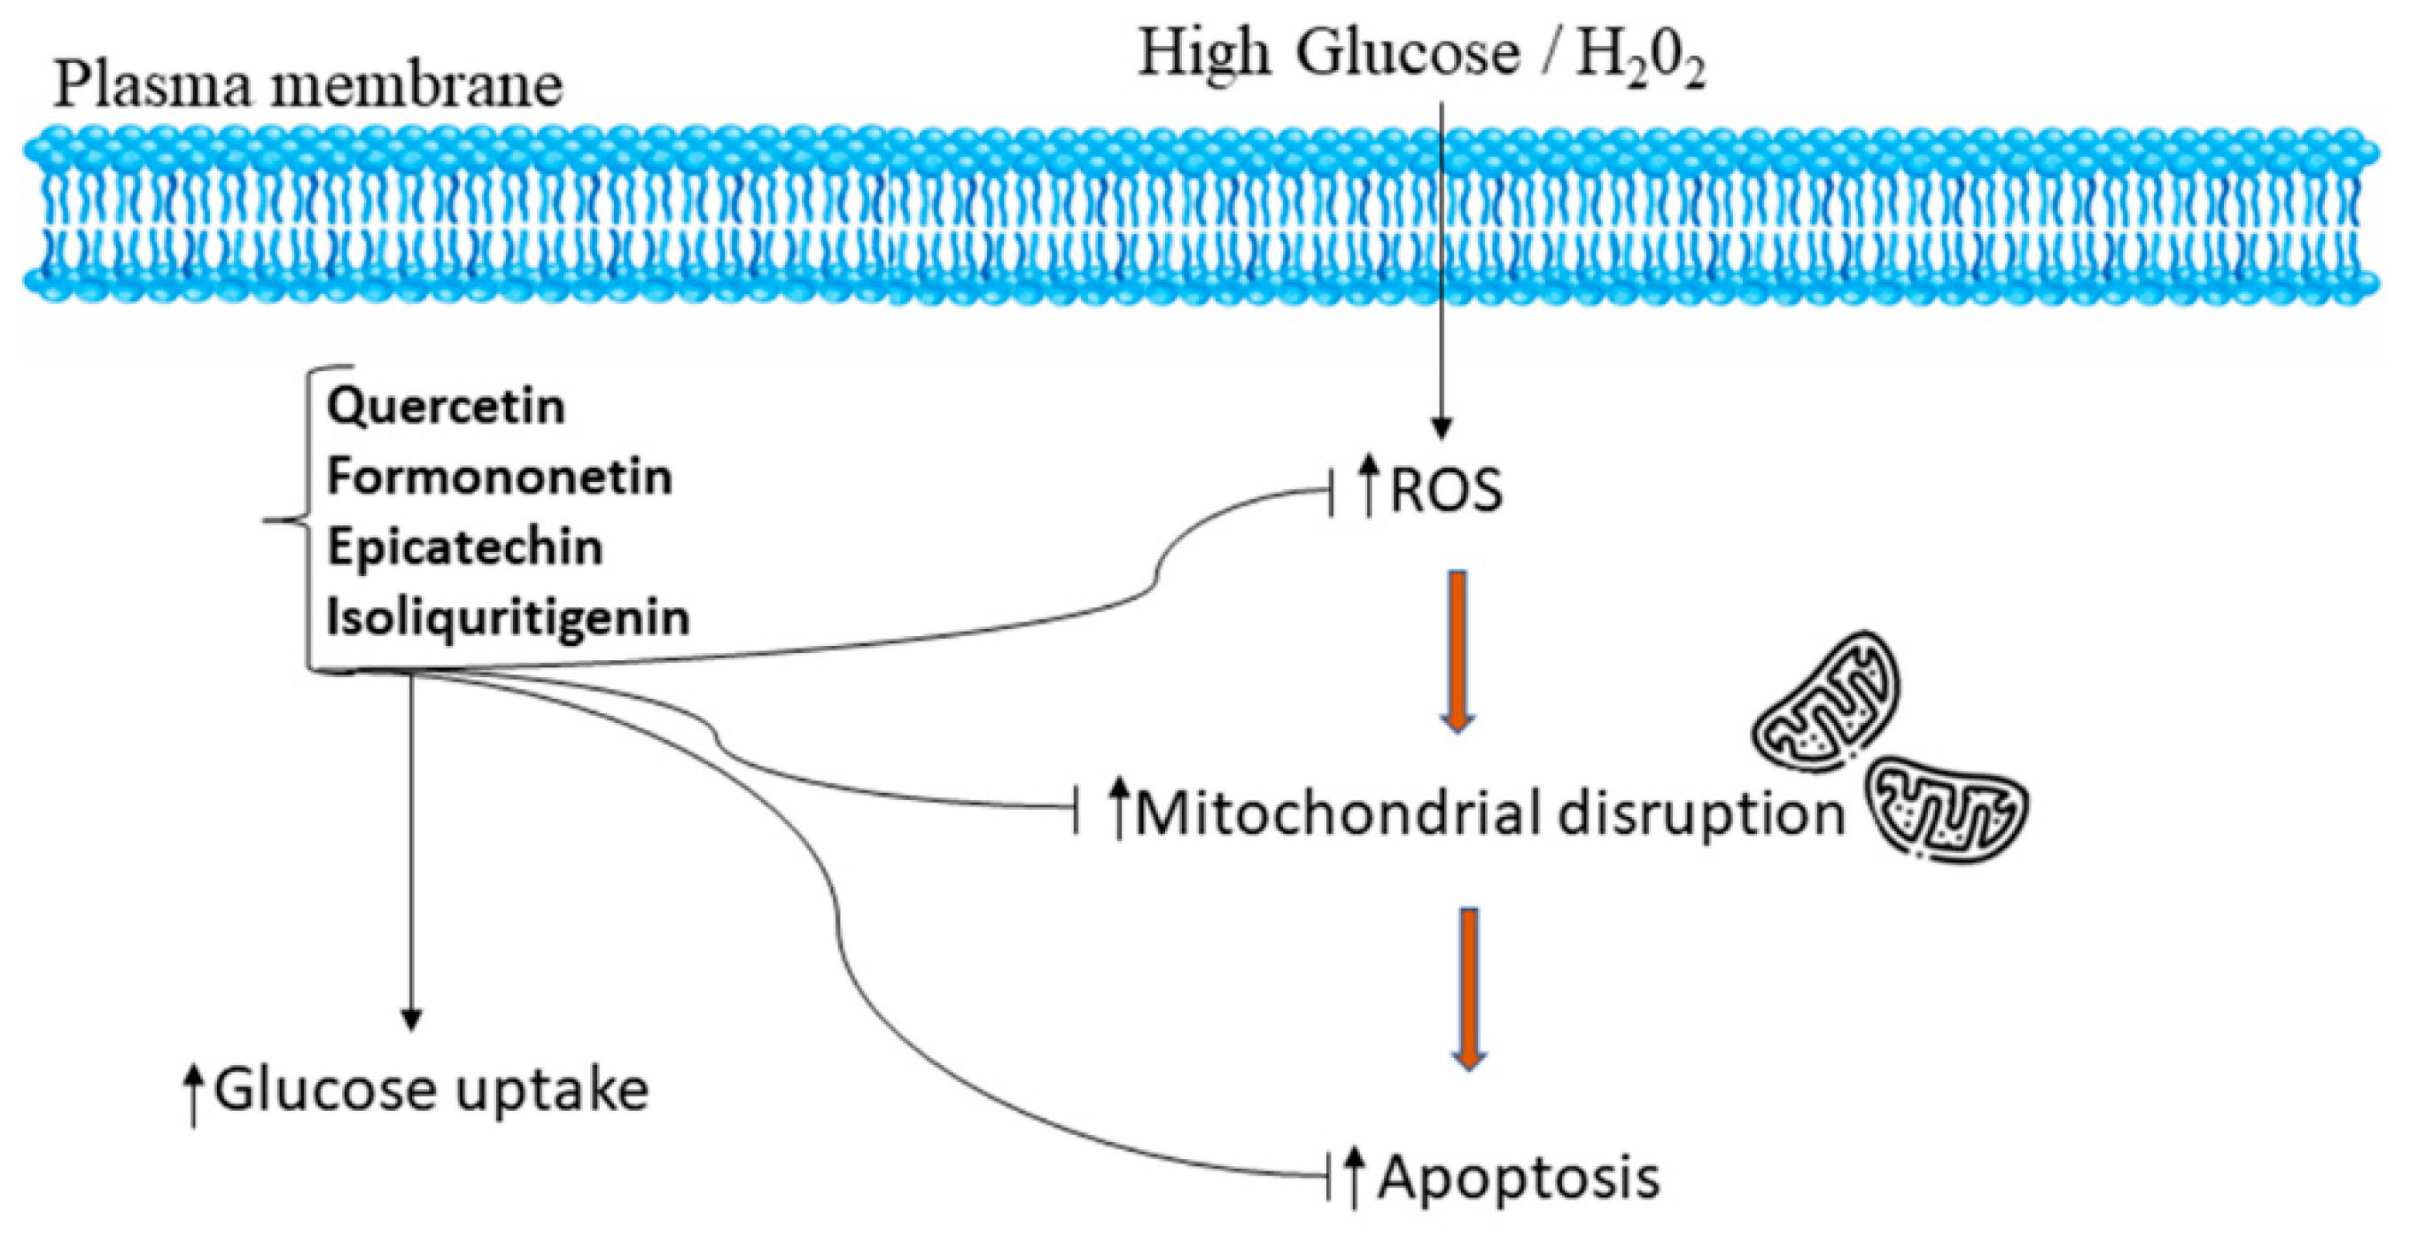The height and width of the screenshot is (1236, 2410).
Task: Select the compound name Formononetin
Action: pos(499,478)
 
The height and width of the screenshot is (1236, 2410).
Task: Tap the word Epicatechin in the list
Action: pos(464,548)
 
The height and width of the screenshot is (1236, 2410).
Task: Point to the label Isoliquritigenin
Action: pos(507,618)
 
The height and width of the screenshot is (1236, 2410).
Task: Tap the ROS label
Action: pos(1445,491)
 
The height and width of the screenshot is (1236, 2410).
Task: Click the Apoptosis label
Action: pos(1518,1176)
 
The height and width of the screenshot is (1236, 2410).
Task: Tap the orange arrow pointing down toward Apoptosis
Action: pos(1470,986)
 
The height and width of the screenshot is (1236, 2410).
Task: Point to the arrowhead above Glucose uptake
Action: pos(411,1019)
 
